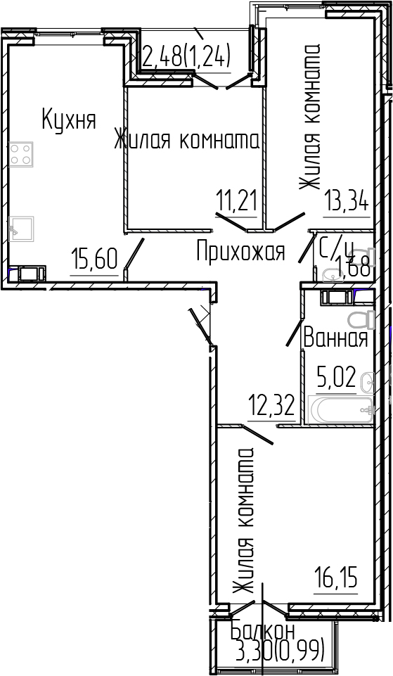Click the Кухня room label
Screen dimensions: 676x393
point(68,119)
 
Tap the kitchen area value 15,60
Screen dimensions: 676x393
point(94,261)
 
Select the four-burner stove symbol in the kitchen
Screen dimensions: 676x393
point(21,154)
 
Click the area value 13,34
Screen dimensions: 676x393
point(347,204)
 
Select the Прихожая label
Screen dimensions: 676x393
point(240,251)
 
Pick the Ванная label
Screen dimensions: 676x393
point(335,338)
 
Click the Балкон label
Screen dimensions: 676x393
point(263,631)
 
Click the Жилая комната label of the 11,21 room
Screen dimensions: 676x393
point(187,141)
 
